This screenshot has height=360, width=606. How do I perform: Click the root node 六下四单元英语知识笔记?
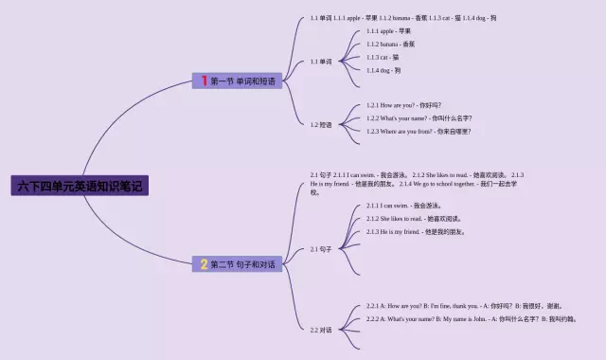[x=80, y=186]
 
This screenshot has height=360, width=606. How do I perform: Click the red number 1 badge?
[x=204, y=81]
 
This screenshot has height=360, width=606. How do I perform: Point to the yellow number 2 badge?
[x=204, y=264]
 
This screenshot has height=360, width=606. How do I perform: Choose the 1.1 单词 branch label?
[x=321, y=62]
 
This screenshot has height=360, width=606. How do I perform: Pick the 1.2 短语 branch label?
[x=321, y=123]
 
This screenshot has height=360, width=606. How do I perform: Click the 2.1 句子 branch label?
[x=321, y=249]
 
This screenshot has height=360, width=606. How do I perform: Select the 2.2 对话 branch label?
[x=321, y=330]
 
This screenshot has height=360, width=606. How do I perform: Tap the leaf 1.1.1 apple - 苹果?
[x=388, y=31]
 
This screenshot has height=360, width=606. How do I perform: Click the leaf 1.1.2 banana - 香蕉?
[x=390, y=45]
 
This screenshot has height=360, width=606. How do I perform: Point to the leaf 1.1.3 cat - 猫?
[x=383, y=58]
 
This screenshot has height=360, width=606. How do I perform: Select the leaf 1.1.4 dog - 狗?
[x=383, y=71]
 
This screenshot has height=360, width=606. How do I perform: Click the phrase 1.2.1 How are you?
[x=404, y=105]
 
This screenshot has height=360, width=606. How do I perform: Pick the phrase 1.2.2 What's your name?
[x=419, y=118]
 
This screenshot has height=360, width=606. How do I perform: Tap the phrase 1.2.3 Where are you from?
[x=419, y=132]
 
